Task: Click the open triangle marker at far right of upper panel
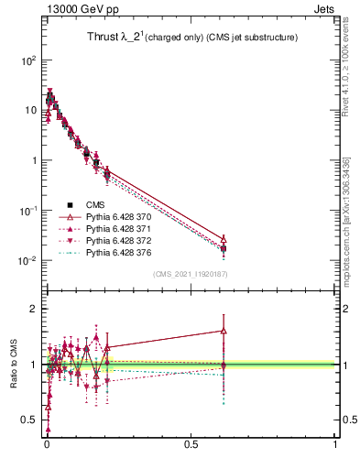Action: [224, 238]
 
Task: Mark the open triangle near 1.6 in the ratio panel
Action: [224, 331]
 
